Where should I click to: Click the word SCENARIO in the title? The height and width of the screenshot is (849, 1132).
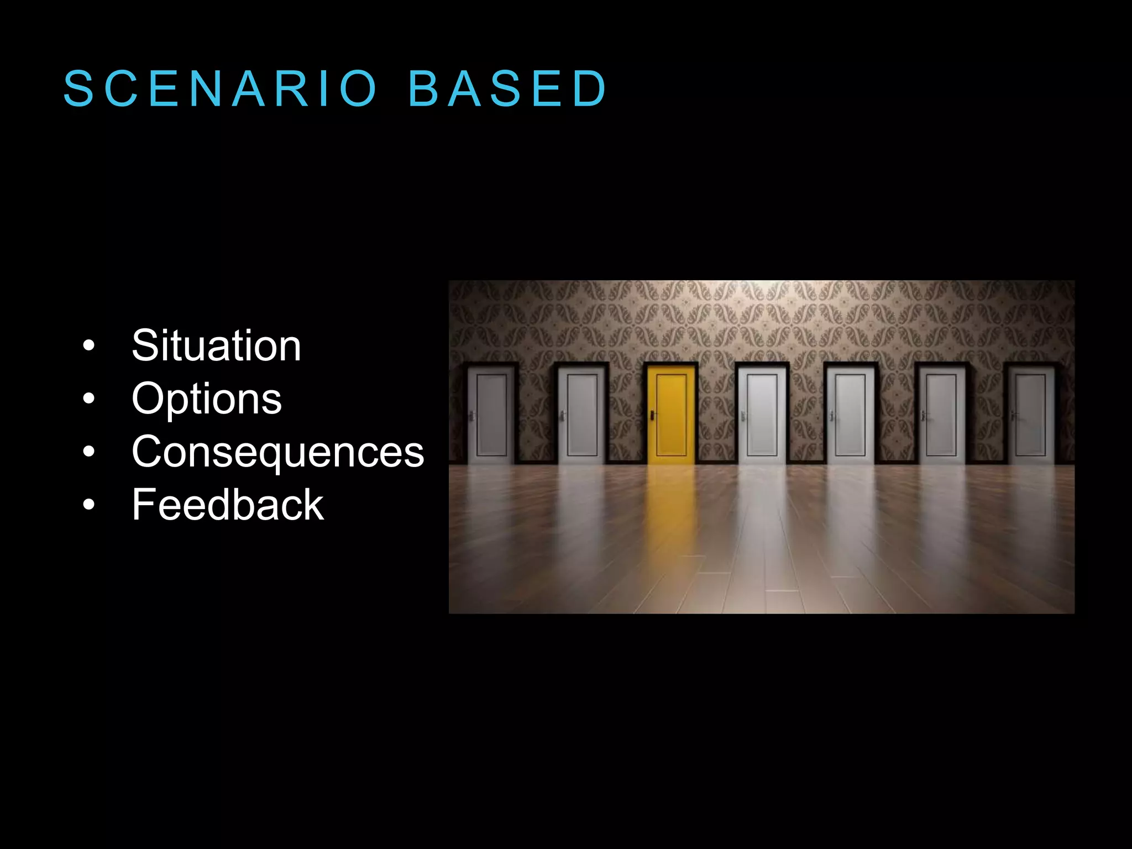point(220,88)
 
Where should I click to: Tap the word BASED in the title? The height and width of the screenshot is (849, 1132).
point(507,88)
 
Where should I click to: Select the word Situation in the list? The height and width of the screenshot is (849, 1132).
point(216,346)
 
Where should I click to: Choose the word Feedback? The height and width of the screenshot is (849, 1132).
point(227,505)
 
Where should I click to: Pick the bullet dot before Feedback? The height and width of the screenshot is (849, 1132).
point(88,505)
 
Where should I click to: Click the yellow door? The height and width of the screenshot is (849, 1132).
point(671,415)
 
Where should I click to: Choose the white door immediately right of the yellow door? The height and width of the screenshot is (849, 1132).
point(762,415)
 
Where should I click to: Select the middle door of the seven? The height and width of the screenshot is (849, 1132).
point(762,415)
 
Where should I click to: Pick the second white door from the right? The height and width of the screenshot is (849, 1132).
point(941,415)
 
